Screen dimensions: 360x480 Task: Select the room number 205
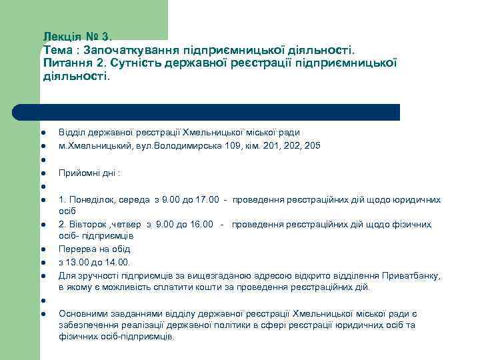click(x=311, y=145)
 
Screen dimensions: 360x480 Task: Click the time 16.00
click(x=200, y=225)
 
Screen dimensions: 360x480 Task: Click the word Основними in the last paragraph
click(x=81, y=313)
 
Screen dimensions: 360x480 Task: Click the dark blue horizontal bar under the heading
click(x=207, y=112)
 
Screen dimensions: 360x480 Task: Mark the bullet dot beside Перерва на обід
click(x=41, y=250)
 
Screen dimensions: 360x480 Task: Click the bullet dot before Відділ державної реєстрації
click(x=41, y=133)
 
